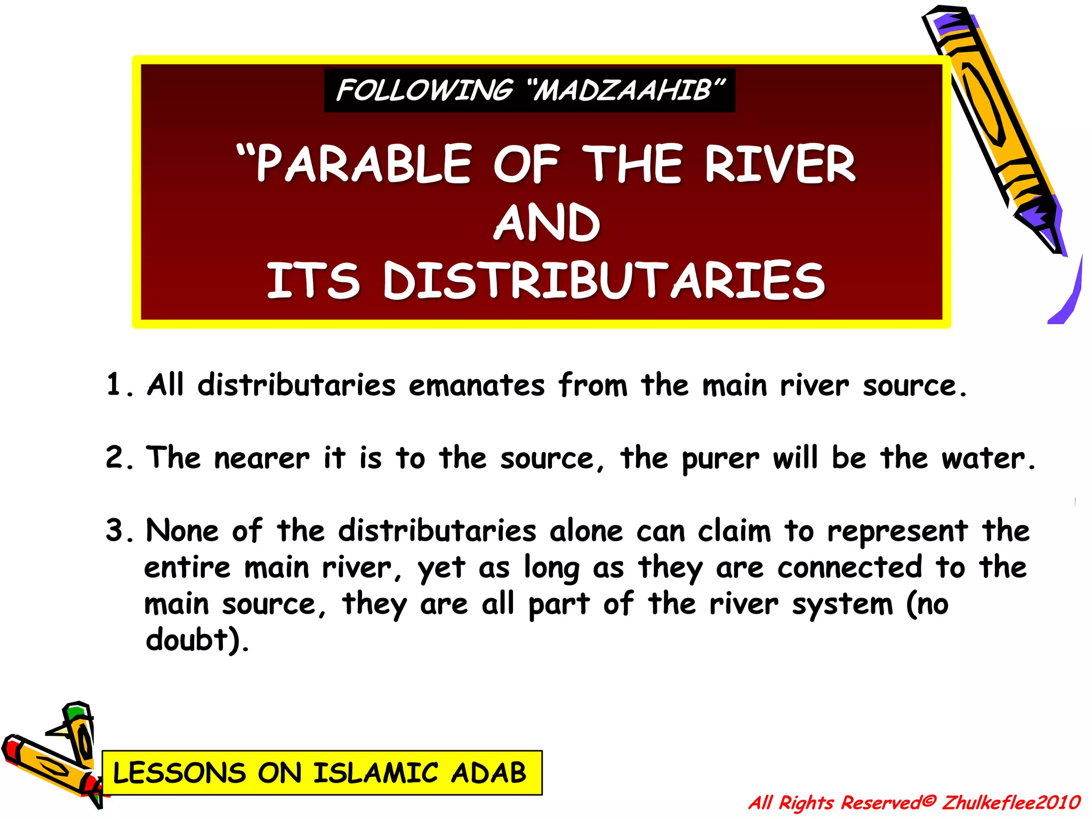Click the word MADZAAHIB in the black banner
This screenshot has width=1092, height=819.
pos(624,91)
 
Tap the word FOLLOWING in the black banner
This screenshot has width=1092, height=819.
pos(424,91)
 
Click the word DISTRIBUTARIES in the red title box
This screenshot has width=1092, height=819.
pos(604,280)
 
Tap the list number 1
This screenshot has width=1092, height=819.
pos(114,385)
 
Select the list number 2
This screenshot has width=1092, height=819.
pos(115,457)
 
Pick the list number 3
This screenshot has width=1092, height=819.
pos(115,531)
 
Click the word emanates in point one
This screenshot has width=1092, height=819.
pos(477,385)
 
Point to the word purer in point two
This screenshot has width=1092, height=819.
pos(720,459)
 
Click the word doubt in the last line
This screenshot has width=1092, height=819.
pos(187,639)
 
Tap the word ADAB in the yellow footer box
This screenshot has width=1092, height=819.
pos(488,773)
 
